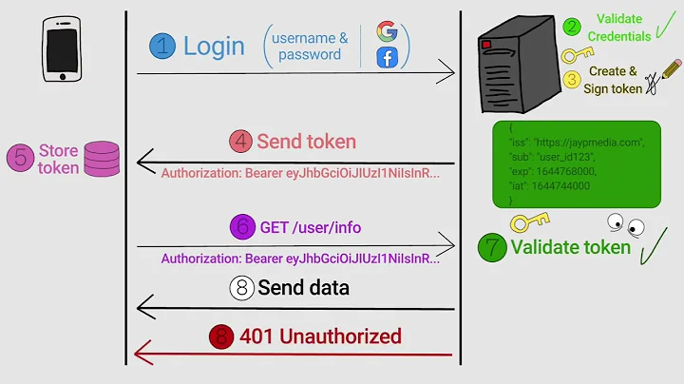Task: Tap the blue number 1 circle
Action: (162, 46)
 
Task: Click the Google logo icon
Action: (387, 31)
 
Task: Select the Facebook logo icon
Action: (387, 58)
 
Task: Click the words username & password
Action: (310, 46)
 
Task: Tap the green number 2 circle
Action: (571, 28)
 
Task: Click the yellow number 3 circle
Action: (571, 79)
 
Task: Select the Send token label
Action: (306, 143)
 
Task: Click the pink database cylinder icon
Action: (102, 159)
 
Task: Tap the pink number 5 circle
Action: (20, 158)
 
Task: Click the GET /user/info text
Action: (311, 228)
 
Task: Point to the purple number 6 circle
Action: (243, 228)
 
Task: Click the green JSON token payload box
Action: (576, 163)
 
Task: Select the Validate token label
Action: (570, 248)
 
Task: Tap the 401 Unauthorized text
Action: (320, 336)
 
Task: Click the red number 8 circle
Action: (221, 337)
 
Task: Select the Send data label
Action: (303, 287)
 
